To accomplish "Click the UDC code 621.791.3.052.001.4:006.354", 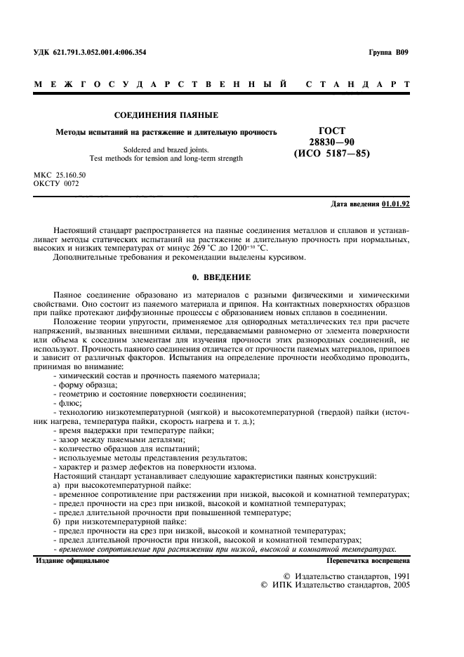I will [101, 53].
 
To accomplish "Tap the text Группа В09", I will [388, 53].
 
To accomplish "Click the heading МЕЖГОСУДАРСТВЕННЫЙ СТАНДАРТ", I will [222, 85].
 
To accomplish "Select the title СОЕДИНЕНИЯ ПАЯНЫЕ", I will [166, 115].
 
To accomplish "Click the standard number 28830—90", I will [333, 142].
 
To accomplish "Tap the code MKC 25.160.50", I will [60, 174].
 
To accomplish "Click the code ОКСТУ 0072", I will [57, 183].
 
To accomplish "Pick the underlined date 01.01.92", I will [396, 204].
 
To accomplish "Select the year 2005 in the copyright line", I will [397, 585].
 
